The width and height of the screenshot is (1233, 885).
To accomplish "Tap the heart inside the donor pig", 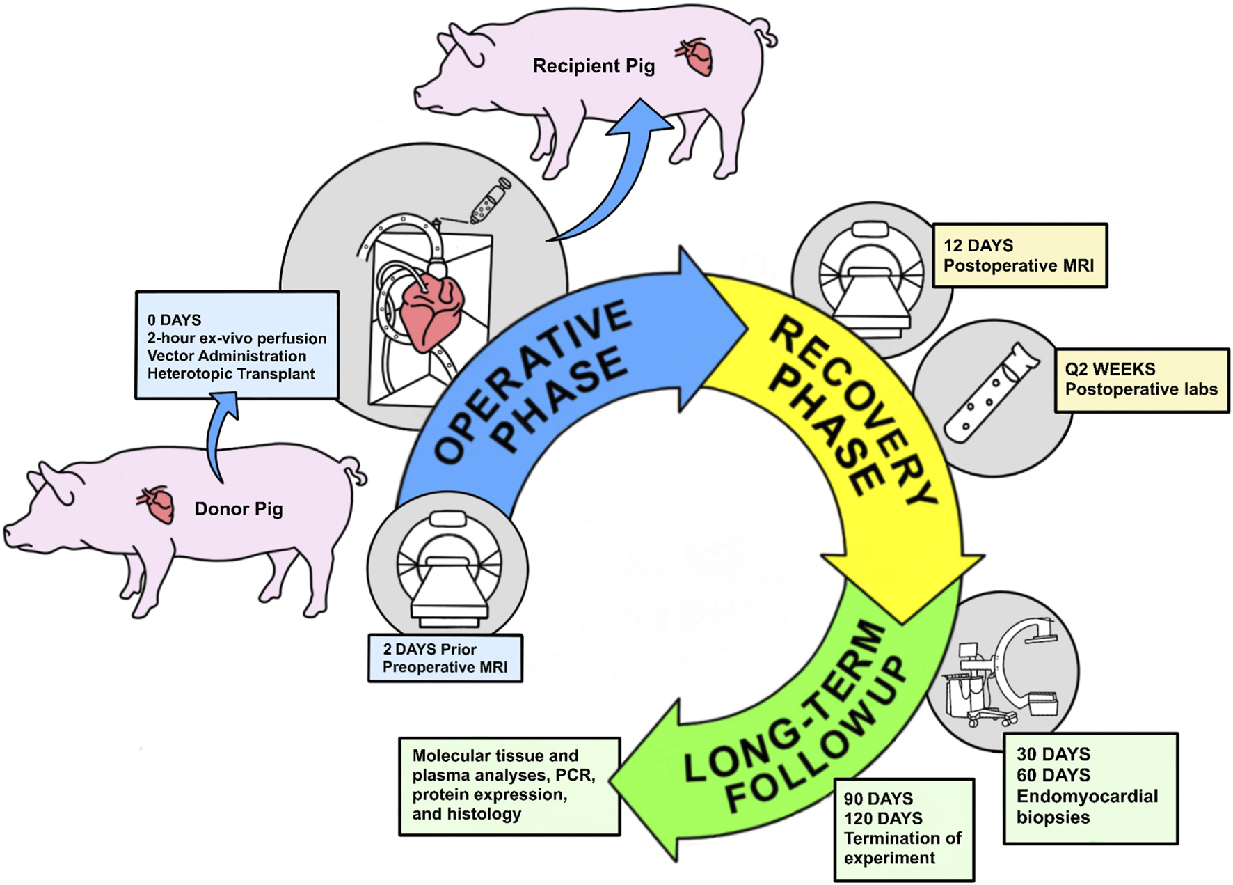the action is coord(158,504).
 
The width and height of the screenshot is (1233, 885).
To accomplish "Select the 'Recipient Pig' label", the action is coord(594,66).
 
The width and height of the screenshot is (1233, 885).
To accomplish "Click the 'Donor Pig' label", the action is coord(239,509).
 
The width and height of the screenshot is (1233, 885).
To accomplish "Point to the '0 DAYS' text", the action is coord(174,320).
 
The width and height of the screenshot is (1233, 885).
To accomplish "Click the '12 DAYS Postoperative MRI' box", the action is coord(1019,256).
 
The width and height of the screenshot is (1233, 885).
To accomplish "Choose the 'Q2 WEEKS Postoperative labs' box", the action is coord(1142,380).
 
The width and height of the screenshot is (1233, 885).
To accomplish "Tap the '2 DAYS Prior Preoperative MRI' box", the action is coord(445,658).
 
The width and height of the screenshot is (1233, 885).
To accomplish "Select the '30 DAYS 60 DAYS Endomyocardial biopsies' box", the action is coord(1090,788).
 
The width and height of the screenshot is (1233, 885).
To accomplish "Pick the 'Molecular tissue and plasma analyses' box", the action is coord(509,786).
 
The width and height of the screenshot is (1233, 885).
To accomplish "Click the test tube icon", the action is coord(991,393).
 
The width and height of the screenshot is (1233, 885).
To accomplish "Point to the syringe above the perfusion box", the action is coord(491,201).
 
